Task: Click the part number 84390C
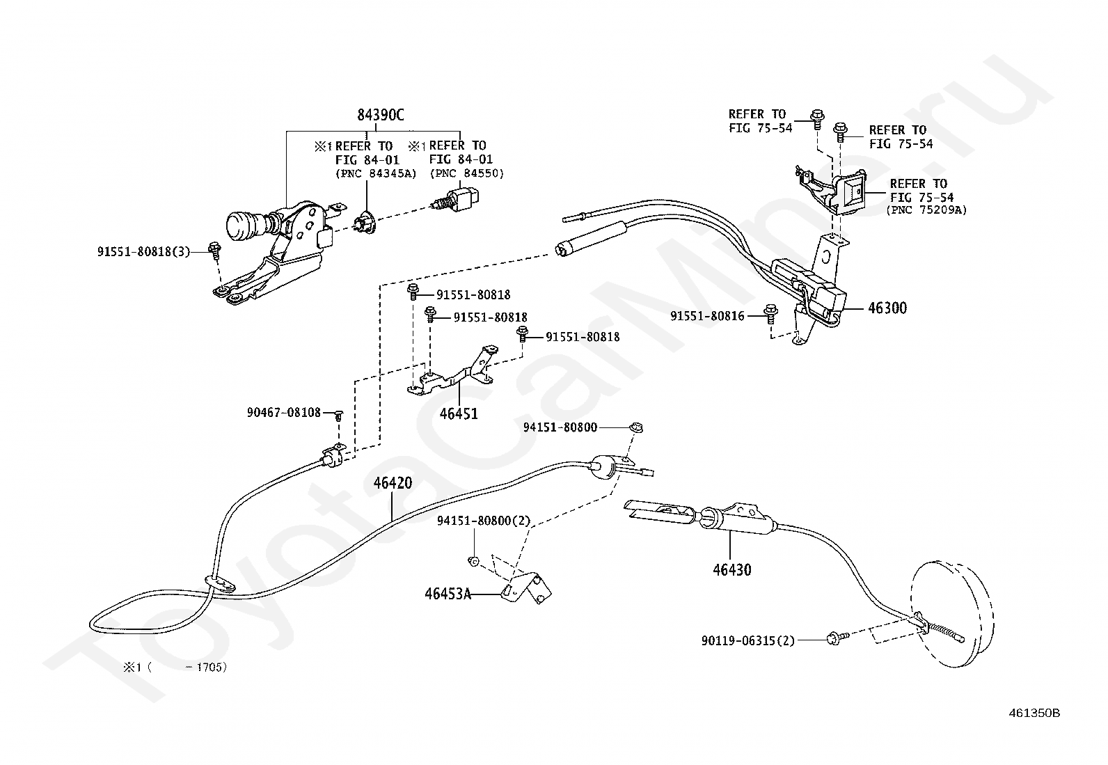tap(381, 116)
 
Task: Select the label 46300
tap(887, 308)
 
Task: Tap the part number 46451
tap(459, 413)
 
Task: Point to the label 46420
tap(393, 483)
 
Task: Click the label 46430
tap(732, 570)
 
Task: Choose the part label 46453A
tap(448, 594)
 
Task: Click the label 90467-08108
tap(284, 412)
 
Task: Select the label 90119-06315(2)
tap(748, 641)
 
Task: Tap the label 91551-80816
tap(707, 316)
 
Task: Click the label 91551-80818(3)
tap(144, 252)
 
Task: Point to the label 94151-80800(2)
tap(484, 521)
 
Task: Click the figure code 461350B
tap(1034, 713)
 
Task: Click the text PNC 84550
tap(467, 174)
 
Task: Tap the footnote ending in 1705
tap(175, 668)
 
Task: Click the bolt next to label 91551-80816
tap(770, 314)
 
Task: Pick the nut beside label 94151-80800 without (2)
tap(636, 427)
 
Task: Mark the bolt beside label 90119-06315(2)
tap(837, 638)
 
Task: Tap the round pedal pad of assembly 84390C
tap(240, 225)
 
